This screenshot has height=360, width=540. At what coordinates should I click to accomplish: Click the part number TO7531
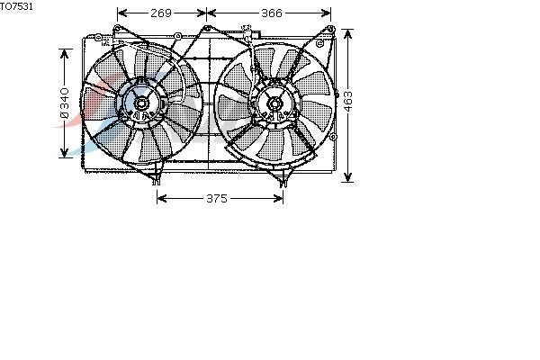coord(16,6)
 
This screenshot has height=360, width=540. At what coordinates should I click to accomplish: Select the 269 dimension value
coord(161,13)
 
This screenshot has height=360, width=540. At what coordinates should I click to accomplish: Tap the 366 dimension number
coord(272,13)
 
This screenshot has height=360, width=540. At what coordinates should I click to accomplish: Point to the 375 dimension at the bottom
coord(217,198)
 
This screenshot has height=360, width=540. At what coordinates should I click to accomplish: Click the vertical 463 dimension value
coord(348,102)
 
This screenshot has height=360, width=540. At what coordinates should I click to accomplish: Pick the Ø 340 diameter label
coord(65,103)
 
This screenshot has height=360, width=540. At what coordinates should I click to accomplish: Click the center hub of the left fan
coord(141,103)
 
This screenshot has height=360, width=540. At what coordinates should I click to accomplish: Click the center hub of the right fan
coord(274,103)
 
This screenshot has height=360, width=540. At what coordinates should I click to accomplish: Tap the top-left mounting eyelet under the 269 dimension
coord(117,28)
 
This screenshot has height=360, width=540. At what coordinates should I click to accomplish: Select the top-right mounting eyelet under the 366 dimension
coord(330,29)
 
